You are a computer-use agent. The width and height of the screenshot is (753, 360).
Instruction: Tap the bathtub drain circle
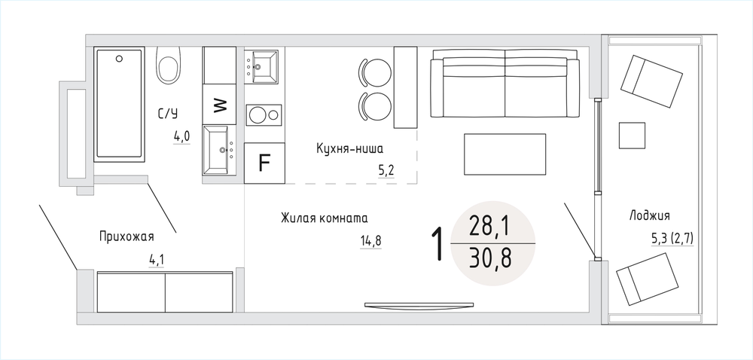[x=119, y=59]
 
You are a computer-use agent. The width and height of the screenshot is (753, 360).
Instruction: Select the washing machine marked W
[x=219, y=104]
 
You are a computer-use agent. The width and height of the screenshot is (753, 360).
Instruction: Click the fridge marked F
[x=264, y=163]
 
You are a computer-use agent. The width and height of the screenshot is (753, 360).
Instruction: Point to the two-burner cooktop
[x=264, y=114]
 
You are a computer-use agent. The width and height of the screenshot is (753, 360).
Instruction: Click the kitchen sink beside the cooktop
[x=261, y=67]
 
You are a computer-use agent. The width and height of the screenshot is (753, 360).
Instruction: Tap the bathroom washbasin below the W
[x=219, y=150]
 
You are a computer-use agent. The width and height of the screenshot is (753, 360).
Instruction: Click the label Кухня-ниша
[x=349, y=149]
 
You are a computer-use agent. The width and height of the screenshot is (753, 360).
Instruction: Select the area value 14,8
[x=370, y=241]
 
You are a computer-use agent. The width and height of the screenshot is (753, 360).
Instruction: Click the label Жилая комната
[x=324, y=218]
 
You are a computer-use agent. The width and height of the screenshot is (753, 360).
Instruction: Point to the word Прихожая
[x=127, y=236]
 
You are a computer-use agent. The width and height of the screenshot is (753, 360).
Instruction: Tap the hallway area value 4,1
[x=156, y=261]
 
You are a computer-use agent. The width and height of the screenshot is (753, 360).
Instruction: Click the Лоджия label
[x=649, y=216]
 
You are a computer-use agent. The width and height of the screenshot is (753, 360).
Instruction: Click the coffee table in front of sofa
[x=505, y=154]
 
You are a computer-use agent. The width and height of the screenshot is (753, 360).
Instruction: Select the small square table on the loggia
[x=632, y=136]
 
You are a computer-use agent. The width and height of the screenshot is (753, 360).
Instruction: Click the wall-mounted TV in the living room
[x=419, y=305]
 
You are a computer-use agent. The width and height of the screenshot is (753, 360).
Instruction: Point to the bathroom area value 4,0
[x=181, y=137]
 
